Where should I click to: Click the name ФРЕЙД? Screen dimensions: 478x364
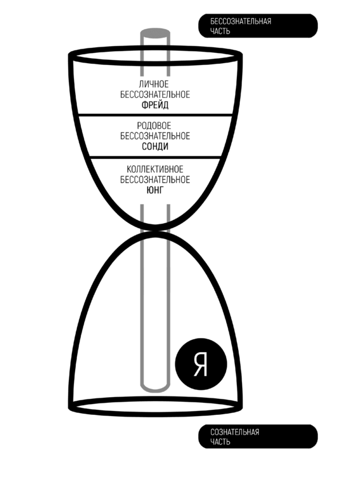point(155,105)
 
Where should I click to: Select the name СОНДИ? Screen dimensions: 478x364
point(155,146)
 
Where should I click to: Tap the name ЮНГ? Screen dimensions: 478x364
point(155,190)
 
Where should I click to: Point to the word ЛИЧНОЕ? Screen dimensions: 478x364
point(155,85)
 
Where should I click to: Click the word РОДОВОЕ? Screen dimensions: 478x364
point(155,126)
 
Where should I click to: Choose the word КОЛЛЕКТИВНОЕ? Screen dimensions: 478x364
point(155,170)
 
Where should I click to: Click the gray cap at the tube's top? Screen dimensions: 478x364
point(154,32)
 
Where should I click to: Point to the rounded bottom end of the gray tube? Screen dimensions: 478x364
point(154,387)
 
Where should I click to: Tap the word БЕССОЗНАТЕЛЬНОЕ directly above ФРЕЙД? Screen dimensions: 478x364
point(155,95)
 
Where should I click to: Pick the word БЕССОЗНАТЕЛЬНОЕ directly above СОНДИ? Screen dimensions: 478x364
point(155,136)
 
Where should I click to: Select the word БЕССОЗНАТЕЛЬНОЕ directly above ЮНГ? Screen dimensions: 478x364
point(155,180)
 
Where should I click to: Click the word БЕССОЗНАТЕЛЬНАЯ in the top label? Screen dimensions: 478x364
point(240,22)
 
